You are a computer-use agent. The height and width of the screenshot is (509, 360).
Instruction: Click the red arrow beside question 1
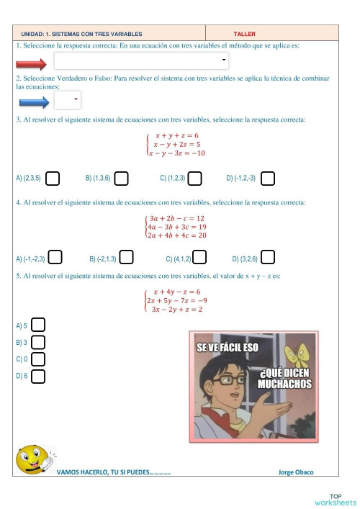coord(31,63)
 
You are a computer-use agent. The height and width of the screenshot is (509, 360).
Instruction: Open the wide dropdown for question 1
coord(141,60)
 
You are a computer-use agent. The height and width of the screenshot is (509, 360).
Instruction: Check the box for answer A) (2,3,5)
coord(53,177)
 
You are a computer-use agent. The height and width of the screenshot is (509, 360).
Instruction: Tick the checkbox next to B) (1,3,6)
coord(121,177)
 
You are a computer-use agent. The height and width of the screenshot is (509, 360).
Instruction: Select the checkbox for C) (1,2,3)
coord(194,177)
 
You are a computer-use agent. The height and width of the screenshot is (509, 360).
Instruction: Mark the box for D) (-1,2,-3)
coord(268,177)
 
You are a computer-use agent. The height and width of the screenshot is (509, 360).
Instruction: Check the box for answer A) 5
coord(39,326)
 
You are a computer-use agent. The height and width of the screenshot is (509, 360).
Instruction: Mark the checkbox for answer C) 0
coord(39,359)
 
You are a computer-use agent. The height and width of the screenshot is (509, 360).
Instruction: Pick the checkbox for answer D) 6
coord(39,375)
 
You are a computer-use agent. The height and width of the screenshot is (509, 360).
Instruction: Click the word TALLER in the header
coord(245,34)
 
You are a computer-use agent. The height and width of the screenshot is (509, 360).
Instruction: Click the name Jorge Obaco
coord(295,472)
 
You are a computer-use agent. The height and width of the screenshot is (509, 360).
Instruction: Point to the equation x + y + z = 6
coord(176,135)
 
